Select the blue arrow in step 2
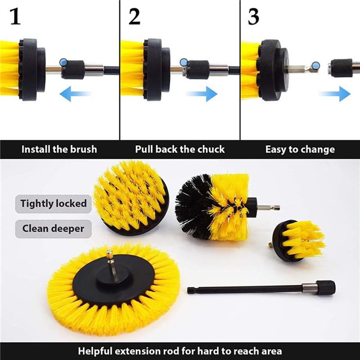coord(201,94)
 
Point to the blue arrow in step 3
coord(335,94)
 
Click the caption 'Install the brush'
coord(59,149)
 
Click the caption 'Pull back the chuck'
coord(180,149)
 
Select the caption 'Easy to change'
coord(300,149)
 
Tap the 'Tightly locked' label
coord(54,203)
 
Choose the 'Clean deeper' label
coord(54,229)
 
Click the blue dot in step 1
coord(63,62)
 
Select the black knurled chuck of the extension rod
coord(324,287)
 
